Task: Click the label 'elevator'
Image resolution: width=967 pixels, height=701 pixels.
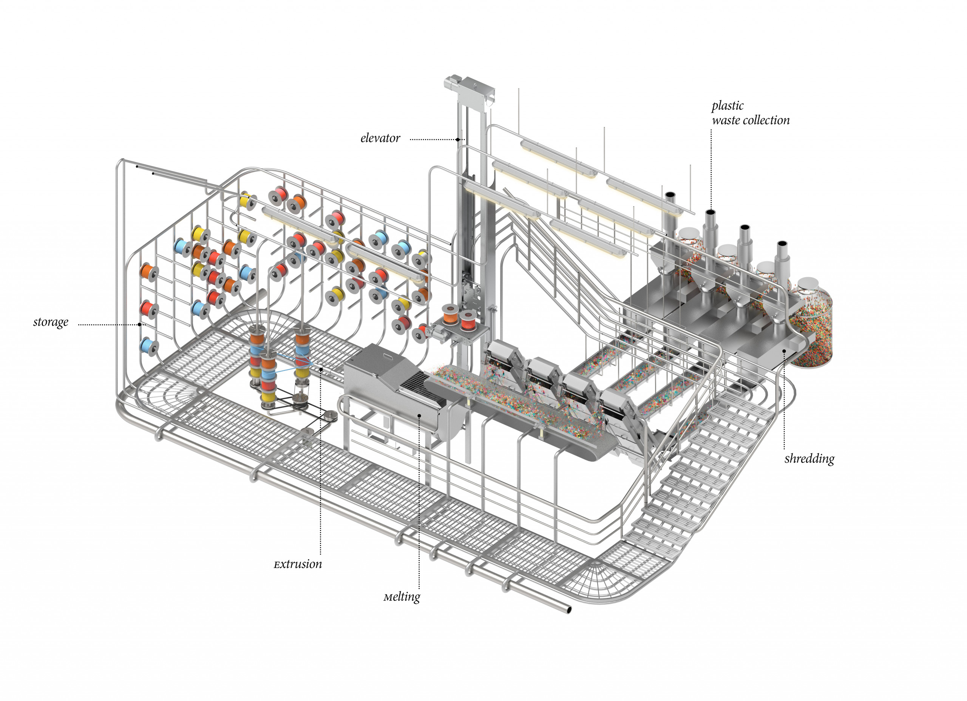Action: point(380,138)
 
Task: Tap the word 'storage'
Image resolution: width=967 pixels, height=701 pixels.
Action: point(50,322)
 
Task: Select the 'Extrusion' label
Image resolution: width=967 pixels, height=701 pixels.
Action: point(298,564)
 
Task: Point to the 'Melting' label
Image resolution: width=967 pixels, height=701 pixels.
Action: point(402,596)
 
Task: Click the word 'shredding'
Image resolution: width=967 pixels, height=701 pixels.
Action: point(809,459)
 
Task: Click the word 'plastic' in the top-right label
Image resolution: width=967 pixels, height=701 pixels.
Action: point(728,105)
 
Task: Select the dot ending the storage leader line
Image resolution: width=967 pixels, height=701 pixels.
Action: point(140,324)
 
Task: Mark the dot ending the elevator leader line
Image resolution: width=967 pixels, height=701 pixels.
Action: point(457,139)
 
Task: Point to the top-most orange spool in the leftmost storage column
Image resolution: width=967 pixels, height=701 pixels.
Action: point(149,272)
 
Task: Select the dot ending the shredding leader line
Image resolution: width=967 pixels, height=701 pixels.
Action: point(784,350)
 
